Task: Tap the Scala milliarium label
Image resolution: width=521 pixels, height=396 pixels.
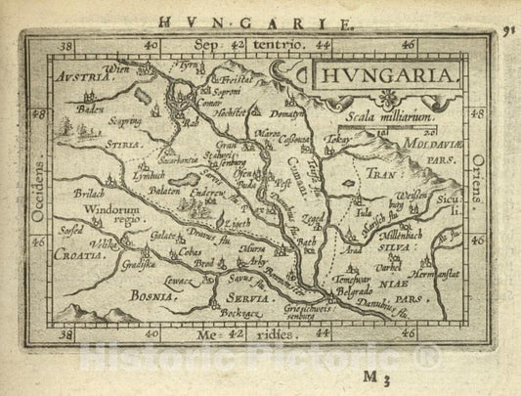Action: pos(375,115)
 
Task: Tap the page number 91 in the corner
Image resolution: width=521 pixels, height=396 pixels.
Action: pos(510,28)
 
